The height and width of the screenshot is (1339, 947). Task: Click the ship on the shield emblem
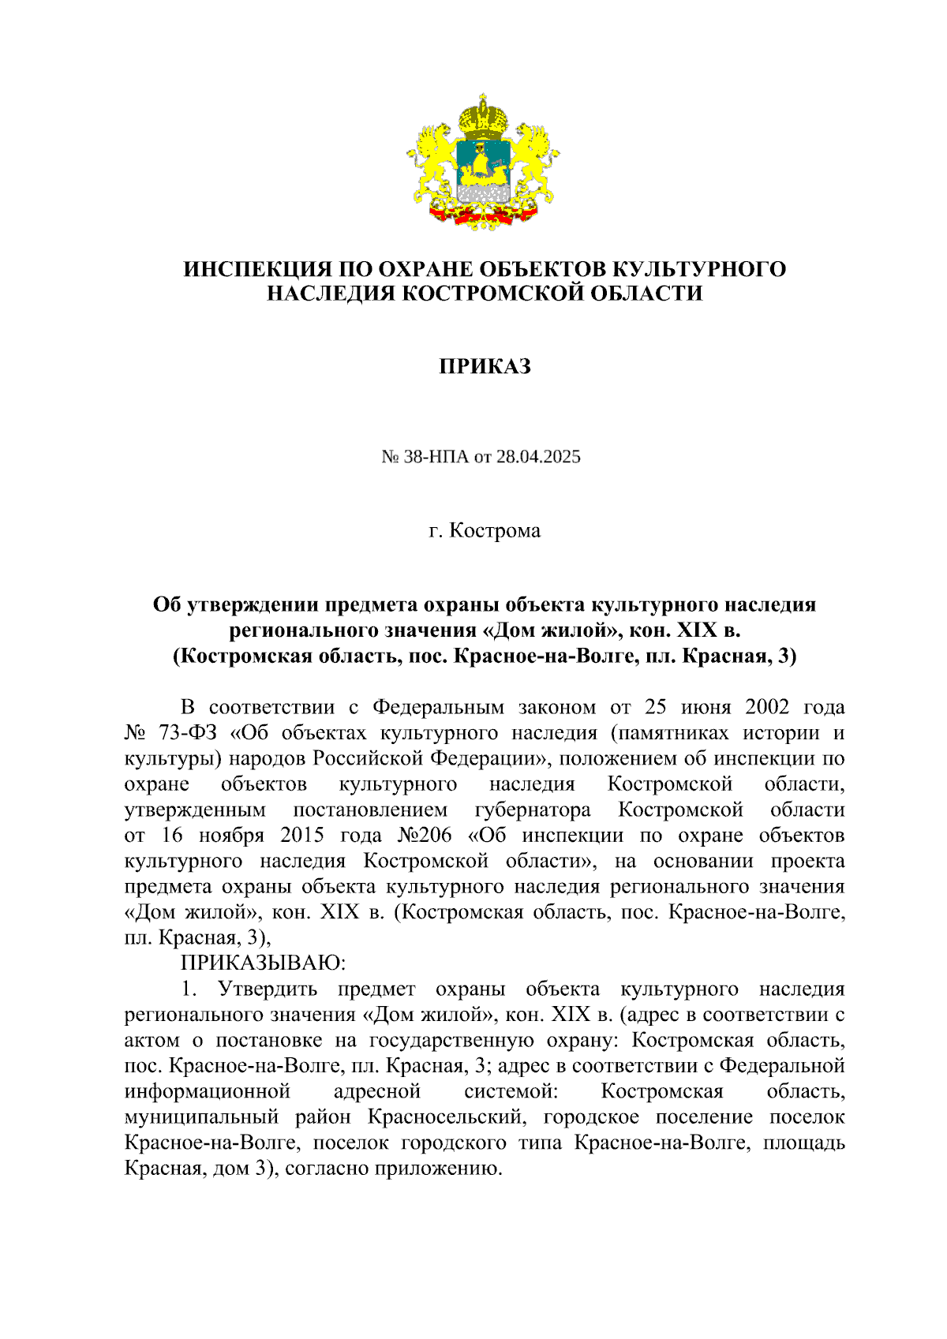point(481,166)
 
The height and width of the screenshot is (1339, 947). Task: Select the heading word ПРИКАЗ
point(485,366)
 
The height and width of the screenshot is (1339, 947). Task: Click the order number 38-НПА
point(436,456)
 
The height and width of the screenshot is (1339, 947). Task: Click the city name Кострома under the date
point(495,530)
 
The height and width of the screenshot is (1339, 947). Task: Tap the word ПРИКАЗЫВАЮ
point(264,963)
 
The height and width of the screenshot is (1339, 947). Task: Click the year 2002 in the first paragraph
point(767,707)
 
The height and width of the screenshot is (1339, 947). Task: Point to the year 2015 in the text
point(302,836)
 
